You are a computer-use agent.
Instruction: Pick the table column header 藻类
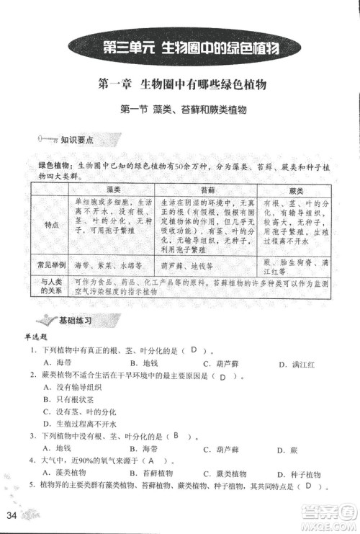(112, 189)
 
